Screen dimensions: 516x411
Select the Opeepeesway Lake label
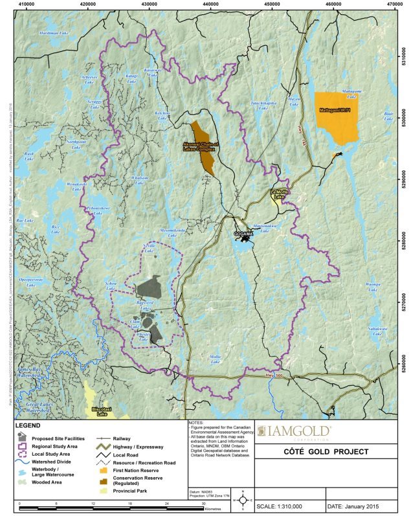(30, 280)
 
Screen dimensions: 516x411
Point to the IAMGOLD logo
(294, 431)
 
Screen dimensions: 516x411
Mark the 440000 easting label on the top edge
(211, 4)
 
